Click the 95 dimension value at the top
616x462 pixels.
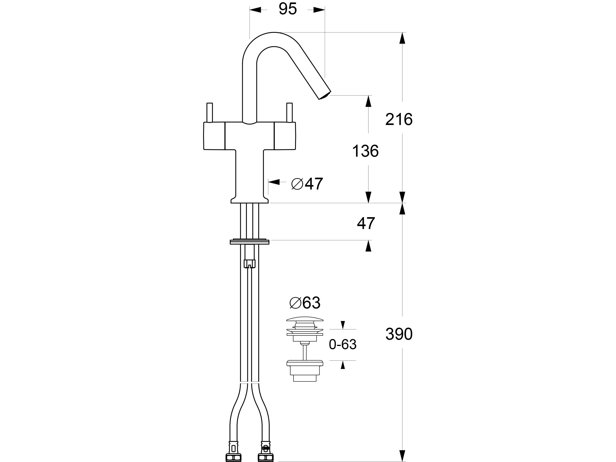(288, 9)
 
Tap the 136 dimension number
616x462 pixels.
(365, 151)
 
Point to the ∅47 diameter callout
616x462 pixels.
(307, 184)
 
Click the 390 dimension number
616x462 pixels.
(399, 334)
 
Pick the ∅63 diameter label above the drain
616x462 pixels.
(305, 303)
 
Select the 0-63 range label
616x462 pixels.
(343, 345)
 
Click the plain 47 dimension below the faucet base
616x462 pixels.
(366, 223)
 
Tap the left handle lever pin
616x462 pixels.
(209, 113)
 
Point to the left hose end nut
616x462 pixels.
(233, 457)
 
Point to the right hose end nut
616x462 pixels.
(266, 457)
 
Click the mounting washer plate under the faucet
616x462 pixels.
(250, 242)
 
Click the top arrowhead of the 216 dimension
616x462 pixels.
(402, 38)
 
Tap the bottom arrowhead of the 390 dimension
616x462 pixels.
(402, 455)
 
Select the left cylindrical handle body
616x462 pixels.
(214, 136)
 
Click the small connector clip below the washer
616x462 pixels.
(250, 263)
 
